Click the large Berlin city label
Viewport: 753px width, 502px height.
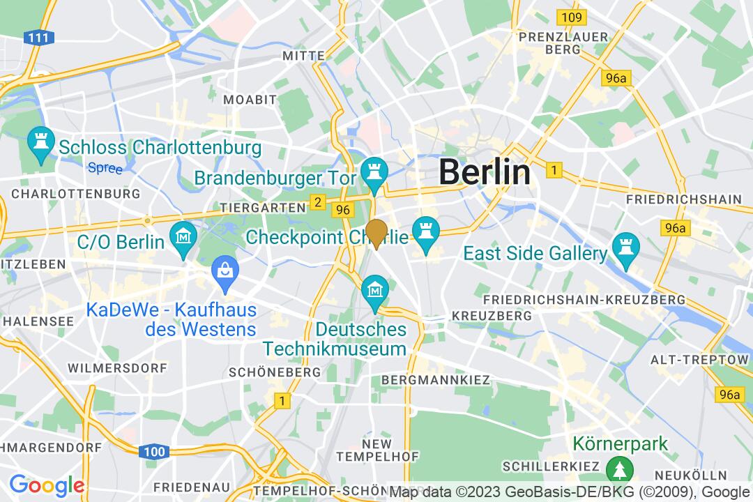(485, 172)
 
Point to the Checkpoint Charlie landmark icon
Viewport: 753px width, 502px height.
(424, 231)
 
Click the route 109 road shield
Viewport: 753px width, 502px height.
(570, 17)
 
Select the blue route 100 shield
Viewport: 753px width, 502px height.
(153, 452)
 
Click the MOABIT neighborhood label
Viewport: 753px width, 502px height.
(250, 100)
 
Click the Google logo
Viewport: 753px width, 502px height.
(47, 485)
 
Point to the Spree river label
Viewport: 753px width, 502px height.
(105, 168)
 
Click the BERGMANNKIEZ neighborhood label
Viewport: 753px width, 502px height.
(436, 380)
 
